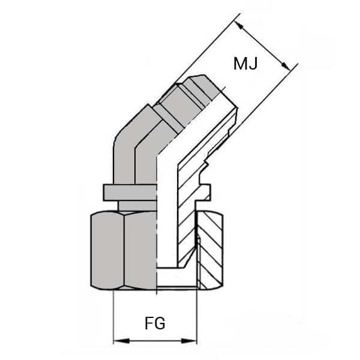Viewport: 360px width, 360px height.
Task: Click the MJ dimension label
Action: point(245,62)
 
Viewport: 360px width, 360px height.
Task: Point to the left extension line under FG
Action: point(114,318)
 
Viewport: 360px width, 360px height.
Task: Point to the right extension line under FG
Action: point(197,318)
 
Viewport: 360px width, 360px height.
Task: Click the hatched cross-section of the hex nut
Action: point(211,252)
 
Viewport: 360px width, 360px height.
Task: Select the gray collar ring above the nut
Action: point(129,192)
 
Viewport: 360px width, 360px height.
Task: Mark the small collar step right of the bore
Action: point(206,192)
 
